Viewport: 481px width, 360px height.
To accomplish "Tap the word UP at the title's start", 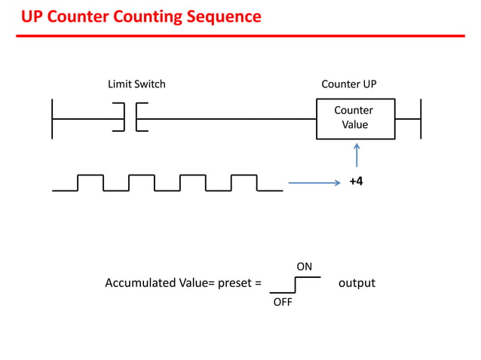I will tap(32, 17).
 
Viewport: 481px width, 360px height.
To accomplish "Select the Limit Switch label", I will tap(136, 84).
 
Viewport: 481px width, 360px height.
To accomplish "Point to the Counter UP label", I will tap(348, 84).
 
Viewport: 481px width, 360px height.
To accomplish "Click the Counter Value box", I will tap(355, 118).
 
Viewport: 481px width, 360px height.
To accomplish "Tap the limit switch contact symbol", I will tap(130, 118).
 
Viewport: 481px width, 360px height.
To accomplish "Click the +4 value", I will tap(356, 182).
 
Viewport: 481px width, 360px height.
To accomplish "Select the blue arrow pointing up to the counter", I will tap(356, 157).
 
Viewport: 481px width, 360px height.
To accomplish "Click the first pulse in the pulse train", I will tap(90, 182).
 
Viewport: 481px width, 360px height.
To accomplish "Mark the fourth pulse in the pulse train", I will tap(244, 182).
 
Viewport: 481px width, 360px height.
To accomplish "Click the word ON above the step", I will tap(304, 267).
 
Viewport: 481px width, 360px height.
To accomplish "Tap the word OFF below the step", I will tap(282, 301).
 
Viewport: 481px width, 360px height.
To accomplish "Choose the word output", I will tap(357, 283).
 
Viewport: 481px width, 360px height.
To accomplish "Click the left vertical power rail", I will tap(52, 118).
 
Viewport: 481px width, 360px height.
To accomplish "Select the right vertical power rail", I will tap(420, 118).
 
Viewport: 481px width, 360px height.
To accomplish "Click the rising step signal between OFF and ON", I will tap(296, 285).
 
